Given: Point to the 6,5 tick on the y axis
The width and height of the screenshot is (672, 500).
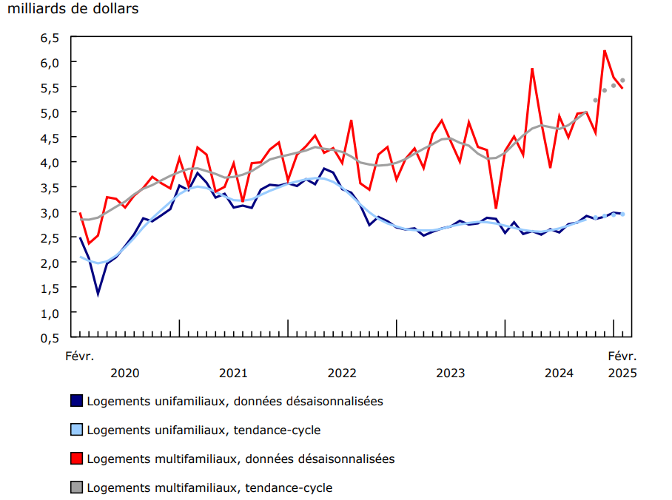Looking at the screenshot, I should tap(49, 37).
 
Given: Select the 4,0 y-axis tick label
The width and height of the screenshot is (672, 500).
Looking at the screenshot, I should tap(49, 162).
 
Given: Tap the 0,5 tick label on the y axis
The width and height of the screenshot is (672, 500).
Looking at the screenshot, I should tap(49, 337).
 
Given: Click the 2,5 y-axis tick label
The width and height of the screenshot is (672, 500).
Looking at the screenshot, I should tap(49, 237).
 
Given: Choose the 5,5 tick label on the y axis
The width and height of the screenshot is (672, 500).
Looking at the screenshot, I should tap(49, 87).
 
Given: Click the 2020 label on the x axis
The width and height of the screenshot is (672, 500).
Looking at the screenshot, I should tap(125, 373).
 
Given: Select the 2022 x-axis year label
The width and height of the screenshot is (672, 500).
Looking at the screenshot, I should tap(342, 373).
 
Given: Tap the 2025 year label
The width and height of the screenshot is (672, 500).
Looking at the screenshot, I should tap(622, 373).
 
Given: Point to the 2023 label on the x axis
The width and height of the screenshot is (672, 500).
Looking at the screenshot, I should tap(450, 373).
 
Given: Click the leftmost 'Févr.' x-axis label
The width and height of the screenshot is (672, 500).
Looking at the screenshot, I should tap(80, 356).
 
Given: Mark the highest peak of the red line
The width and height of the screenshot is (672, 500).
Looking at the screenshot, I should tap(605, 51).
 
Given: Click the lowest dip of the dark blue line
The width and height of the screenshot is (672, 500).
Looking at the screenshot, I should tap(98, 294).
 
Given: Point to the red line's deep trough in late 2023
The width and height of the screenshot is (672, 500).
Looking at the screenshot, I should tap(496, 208).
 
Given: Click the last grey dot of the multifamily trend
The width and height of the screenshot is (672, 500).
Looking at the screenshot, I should tap(622, 80).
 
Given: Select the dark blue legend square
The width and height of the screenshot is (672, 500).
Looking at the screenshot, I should tap(75, 400).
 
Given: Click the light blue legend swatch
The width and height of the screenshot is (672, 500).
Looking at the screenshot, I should tap(75, 429).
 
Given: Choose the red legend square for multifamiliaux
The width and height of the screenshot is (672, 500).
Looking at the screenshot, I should tap(75, 459).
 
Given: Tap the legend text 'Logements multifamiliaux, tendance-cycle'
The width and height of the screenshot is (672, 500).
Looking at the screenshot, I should tap(209, 487).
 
